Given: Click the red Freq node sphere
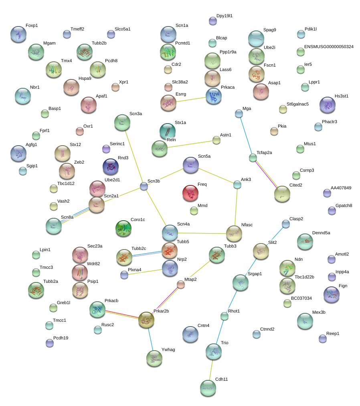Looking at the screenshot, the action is click(x=190, y=193).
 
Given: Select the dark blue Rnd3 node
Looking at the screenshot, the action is click(x=111, y=167).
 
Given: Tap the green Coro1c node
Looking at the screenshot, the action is click(x=123, y=228).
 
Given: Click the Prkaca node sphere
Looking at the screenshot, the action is click(x=214, y=96).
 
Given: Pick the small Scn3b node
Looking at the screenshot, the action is click(x=144, y=186).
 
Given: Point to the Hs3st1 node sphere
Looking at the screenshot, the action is click(x=328, y=105).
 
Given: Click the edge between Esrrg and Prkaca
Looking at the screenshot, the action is click(x=191, y=99).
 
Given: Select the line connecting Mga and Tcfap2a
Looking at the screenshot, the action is click(x=246, y=136).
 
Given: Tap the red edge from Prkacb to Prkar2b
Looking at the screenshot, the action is click(x=122, y=313).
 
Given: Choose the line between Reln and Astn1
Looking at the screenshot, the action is click(x=190, y=144).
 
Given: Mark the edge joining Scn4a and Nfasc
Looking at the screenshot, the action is click(x=202, y=233).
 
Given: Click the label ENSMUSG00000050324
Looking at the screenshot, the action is click(x=329, y=47).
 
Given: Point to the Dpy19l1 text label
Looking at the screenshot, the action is click(x=224, y=16).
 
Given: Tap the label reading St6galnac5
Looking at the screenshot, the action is click(x=297, y=104).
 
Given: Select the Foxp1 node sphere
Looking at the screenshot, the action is click(x=18, y=34).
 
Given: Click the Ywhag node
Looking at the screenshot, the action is click(x=154, y=358).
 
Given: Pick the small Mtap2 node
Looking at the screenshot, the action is click(x=181, y=284).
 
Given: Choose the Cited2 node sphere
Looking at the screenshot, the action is click(x=282, y=194).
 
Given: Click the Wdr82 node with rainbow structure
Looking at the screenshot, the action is click(x=80, y=272).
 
